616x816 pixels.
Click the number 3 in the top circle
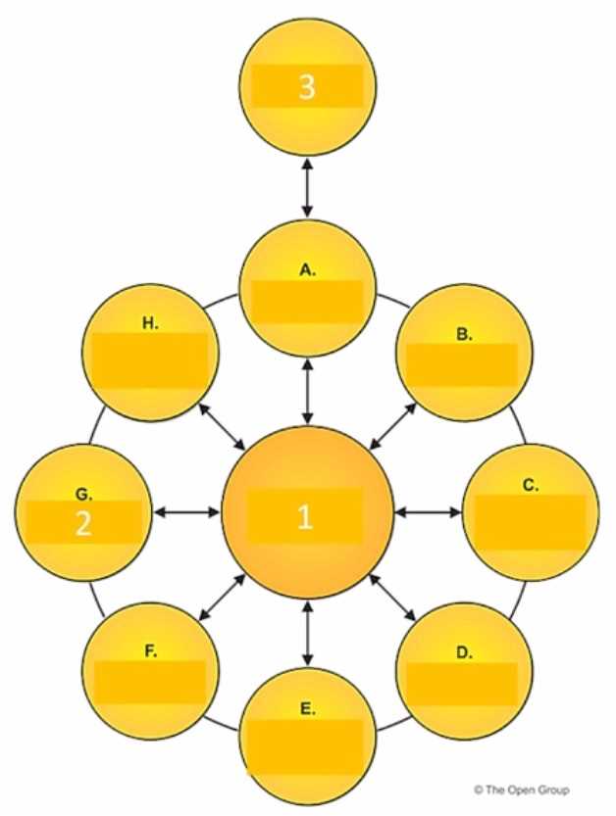[x=307, y=86]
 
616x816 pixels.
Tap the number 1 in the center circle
[x=305, y=517]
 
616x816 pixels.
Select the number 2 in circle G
[x=83, y=524]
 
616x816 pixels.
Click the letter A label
[x=308, y=269]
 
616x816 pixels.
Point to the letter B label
[x=464, y=334]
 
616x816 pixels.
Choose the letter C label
[x=531, y=485]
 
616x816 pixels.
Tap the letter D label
[x=464, y=652]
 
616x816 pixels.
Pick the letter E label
[x=308, y=709]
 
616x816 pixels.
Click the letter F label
[x=151, y=651]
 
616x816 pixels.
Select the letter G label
[x=84, y=494]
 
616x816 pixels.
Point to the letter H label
[x=151, y=323]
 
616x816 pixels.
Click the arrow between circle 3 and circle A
[x=307, y=188]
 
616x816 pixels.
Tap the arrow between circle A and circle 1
[x=307, y=391]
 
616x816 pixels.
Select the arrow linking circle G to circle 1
[x=186, y=512]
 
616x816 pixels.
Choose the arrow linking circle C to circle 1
[x=429, y=512]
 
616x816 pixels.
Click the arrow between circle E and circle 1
[x=307, y=634]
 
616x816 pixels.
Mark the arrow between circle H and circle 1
[x=223, y=427]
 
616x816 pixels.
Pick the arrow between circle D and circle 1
[x=393, y=598]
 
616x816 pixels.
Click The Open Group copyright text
[x=521, y=790]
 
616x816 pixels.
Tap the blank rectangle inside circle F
[x=151, y=682]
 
